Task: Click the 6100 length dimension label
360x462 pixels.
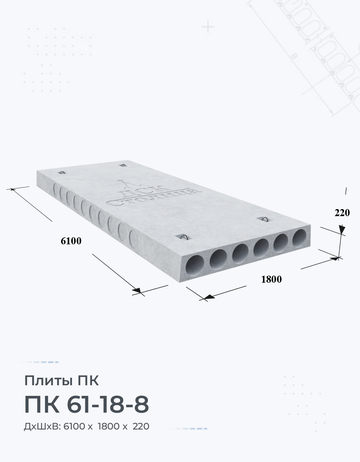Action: tap(71, 241)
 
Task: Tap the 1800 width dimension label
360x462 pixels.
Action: tap(272, 279)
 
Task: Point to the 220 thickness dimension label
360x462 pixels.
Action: tap(342, 213)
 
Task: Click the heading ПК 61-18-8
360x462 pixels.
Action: tap(86, 404)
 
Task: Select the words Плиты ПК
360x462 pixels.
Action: tap(61, 381)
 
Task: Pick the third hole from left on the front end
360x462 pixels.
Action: tap(240, 253)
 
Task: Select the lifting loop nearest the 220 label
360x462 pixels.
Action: tap(265, 219)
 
